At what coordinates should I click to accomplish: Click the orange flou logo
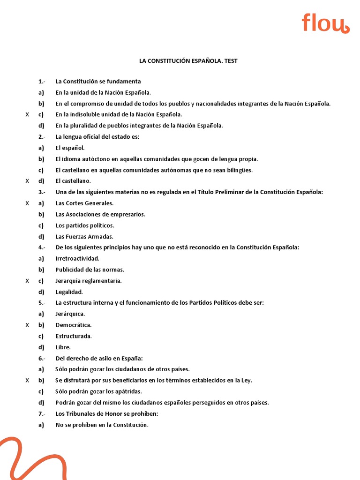(x=325, y=23)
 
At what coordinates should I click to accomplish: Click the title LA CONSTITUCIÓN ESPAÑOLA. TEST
(x=188, y=61)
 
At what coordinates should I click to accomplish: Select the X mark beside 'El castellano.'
(x=27, y=181)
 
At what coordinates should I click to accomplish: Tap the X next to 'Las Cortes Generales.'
(x=27, y=203)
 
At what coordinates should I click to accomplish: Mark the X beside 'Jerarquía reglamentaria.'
(x=27, y=281)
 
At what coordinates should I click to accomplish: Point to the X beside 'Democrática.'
(x=27, y=325)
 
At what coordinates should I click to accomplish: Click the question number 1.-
(x=42, y=82)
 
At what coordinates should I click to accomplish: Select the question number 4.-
(x=42, y=247)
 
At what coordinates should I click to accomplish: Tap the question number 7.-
(x=42, y=414)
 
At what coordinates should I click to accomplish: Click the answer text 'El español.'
(x=70, y=148)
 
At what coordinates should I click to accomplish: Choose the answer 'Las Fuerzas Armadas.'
(x=84, y=237)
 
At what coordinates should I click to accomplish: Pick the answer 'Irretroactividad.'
(x=77, y=259)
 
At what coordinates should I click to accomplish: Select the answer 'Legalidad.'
(x=69, y=292)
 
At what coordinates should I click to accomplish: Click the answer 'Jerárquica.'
(x=70, y=314)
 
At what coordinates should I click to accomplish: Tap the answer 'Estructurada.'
(x=74, y=336)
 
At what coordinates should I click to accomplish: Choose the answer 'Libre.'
(x=63, y=347)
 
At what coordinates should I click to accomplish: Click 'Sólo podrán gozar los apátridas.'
(x=98, y=391)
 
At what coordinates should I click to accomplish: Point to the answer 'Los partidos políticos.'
(x=85, y=225)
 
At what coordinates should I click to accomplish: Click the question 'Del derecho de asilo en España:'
(x=96, y=359)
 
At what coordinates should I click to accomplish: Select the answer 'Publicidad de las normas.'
(x=90, y=270)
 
